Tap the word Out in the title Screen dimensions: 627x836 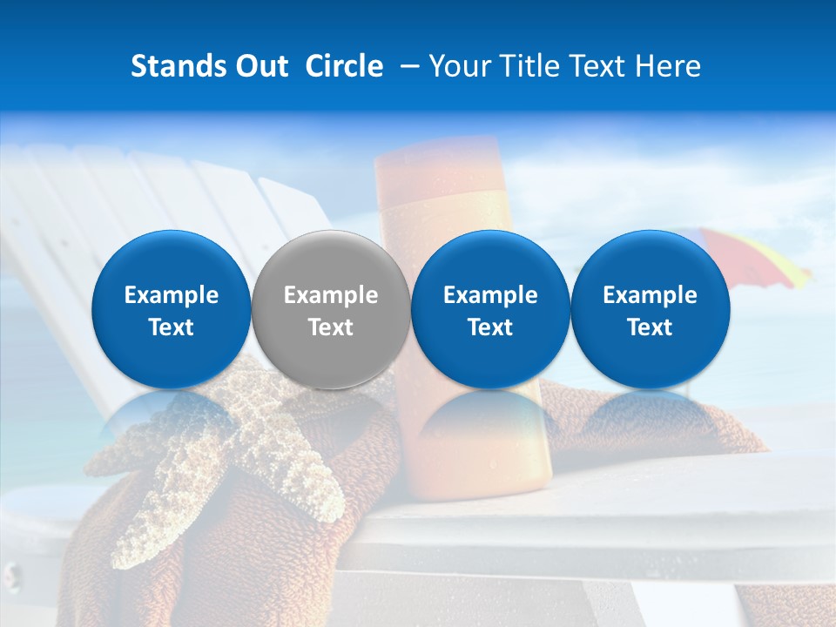click(x=259, y=66)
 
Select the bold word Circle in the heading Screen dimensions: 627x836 click(x=344, y=66)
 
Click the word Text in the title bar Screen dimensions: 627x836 click(x=602, y=66)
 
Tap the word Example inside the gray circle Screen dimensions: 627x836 click(x=331, y=295)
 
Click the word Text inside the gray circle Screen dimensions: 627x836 click(x=331, y=327)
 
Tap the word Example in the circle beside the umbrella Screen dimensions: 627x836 click(x=650, y=295)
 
